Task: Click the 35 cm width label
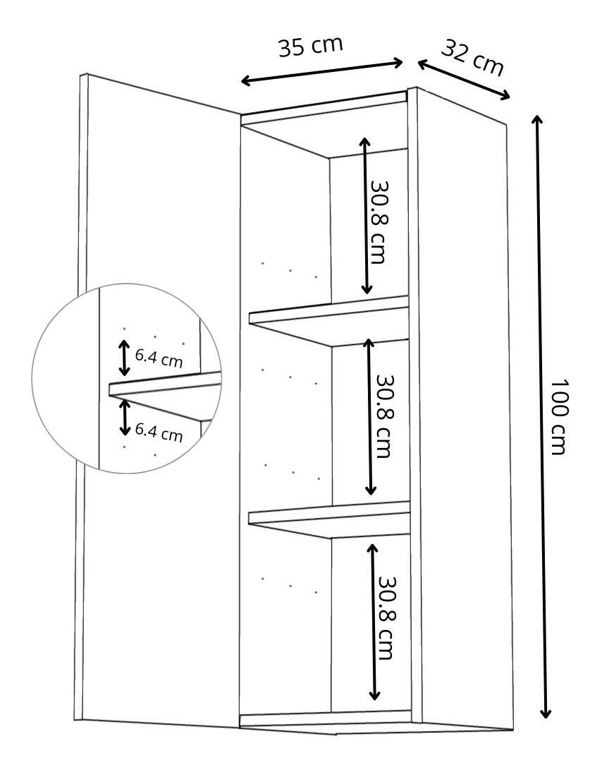(x=310, y=47)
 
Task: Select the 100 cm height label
(x=558, y=417)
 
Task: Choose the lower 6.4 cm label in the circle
(x=159, y=431)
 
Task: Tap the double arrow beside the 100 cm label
(x=541, y=416)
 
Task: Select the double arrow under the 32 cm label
(x=463, y=80)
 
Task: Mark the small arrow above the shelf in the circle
(x=124, y=358)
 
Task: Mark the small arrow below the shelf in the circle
(x=125, y=417)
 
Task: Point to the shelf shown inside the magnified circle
(x=166, y=384)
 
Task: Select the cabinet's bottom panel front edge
(x=326, y=719)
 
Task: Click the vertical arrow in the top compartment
(x=366, y=215)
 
